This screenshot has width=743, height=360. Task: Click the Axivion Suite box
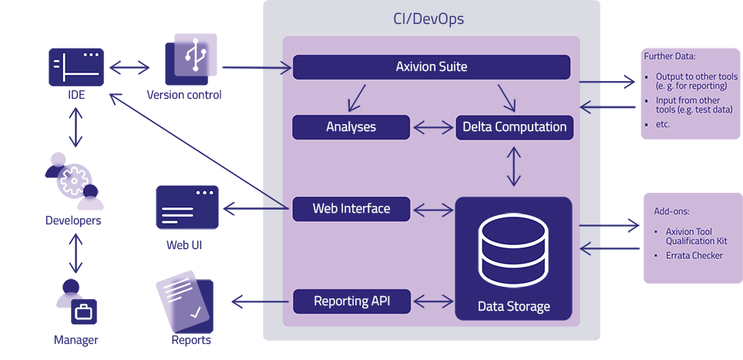(432, 67)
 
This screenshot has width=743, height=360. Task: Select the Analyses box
(351, 127)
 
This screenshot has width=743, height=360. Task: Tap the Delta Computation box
(514, 127)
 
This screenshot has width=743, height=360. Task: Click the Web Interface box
(351, 209)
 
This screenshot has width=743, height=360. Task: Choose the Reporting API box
(351, 301)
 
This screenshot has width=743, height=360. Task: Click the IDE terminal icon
(76, 67)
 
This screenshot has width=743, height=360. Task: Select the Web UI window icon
(187, 207)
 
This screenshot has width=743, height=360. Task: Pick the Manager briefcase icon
(82, 312)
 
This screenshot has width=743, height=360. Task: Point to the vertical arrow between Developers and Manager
(76, 252)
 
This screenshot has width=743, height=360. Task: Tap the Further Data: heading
(669, 57)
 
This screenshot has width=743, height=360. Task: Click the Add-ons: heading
(670, 210)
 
